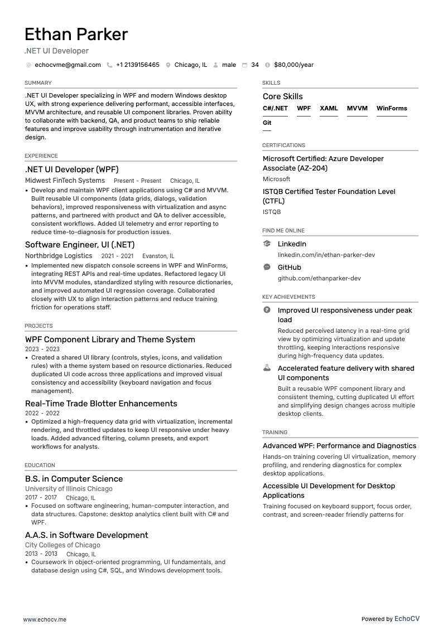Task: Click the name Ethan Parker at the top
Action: point(76,35)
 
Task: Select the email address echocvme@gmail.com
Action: point(68,65)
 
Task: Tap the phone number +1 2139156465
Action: point(137,65)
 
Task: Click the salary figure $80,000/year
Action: point(293,65)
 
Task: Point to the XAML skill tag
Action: point(329,108)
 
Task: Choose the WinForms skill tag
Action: point(392,108)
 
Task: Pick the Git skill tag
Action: point(267,123)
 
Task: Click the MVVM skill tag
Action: point(357,108)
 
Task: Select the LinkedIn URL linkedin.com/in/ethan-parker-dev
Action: point(326,255)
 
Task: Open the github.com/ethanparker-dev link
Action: point(319,278)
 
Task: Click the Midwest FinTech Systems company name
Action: point(65,181)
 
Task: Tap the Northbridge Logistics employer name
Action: point(59,256)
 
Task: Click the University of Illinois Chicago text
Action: point(69,489)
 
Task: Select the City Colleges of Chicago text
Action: point(62,545)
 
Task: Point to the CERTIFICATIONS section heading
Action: point(283,145)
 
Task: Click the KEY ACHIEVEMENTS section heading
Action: point(288,297)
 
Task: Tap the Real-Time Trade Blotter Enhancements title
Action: point(101,404)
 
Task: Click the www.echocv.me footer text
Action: point(45,619)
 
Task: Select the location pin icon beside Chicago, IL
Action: point(168,65)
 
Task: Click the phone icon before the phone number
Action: point(109,65)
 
